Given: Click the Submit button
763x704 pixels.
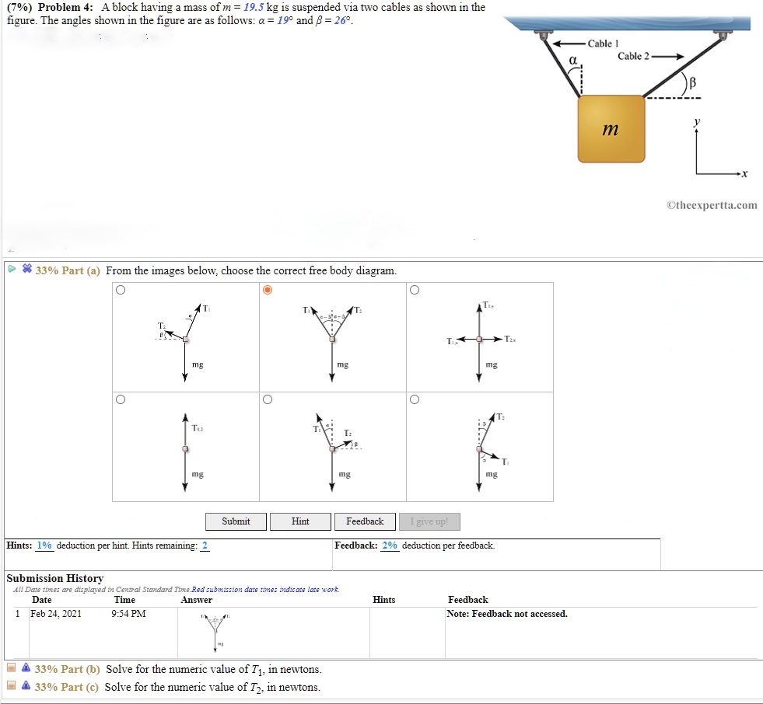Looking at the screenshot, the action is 236,521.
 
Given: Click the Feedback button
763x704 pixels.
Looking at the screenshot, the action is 365,521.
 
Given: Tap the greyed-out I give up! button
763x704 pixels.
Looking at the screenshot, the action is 435,521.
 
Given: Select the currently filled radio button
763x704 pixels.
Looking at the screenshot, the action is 267,291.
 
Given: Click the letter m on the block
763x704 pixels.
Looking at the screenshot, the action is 611,128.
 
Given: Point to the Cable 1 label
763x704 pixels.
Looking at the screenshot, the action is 600,44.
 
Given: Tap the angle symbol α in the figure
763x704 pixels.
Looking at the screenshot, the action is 573,60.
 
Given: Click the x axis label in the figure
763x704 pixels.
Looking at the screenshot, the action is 744,174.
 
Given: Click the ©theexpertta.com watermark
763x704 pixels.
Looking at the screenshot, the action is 711,205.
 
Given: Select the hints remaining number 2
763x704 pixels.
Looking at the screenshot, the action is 205,545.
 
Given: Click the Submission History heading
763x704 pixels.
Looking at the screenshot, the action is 55,578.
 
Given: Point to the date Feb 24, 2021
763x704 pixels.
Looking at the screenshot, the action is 56,614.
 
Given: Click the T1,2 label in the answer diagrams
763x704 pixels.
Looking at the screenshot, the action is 198,427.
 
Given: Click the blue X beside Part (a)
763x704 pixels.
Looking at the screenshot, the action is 26,270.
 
